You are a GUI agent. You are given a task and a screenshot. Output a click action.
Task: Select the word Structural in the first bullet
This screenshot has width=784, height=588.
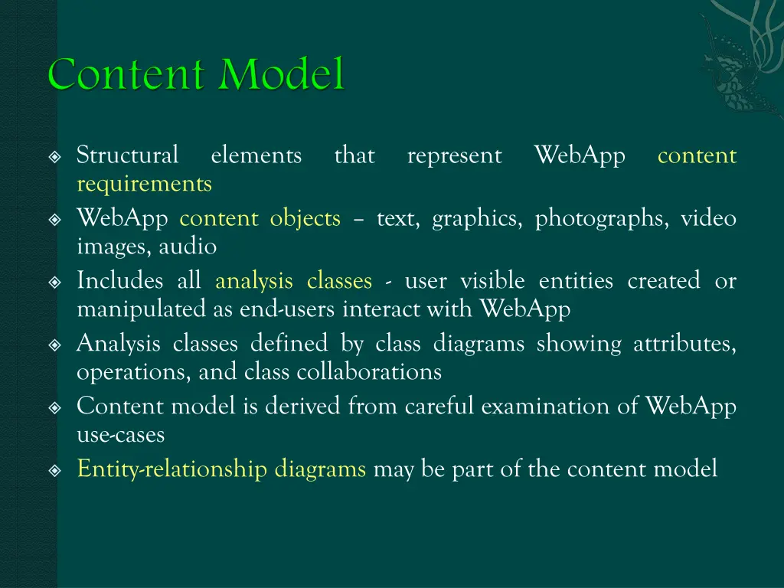click(127, 155)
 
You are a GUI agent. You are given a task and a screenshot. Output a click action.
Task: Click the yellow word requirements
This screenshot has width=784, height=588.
click(144, 184)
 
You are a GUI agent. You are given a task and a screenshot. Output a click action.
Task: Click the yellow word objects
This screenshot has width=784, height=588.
click(305, 219)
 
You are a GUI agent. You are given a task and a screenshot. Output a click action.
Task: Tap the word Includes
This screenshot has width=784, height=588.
click(119, 282)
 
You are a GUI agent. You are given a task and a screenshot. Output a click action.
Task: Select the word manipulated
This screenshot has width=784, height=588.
click(140, 309)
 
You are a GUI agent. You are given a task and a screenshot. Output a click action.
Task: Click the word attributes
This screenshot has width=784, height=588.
click(684, 345)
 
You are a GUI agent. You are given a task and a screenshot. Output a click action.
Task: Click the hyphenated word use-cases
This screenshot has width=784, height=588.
click(120, 435)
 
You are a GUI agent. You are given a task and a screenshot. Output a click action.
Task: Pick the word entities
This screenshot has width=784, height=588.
click(576, 282)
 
